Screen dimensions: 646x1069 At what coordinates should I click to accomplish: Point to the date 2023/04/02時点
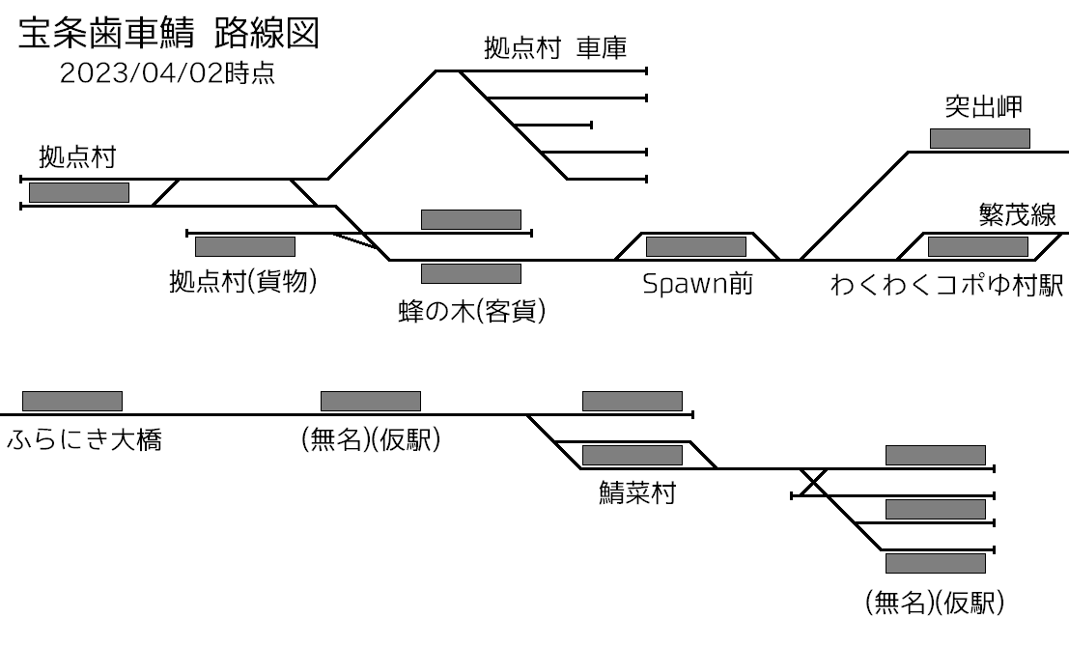(x=167, y=74)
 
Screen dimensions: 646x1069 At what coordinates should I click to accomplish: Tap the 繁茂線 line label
(x=1017, y=214)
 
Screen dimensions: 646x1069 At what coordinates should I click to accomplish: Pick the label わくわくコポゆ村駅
(x=946, y=286)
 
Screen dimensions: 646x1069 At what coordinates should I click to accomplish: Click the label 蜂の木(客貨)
(x=471, y=312)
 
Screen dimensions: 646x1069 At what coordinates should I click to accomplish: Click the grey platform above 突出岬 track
(x=979, y=138)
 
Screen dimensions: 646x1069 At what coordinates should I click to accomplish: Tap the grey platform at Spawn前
(x=695, y=246)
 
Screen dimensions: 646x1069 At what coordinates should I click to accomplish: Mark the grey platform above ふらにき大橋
(x=72, y=401)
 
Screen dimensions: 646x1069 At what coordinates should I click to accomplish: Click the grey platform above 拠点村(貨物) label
(x=244, y=246)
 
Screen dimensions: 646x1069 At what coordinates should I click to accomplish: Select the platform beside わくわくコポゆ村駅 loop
(x=977, y=246)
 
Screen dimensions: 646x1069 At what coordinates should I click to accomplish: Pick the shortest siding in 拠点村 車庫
(x=553, y=125)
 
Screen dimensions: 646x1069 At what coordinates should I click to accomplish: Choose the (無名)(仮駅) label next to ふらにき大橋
(x=371, y=441)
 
